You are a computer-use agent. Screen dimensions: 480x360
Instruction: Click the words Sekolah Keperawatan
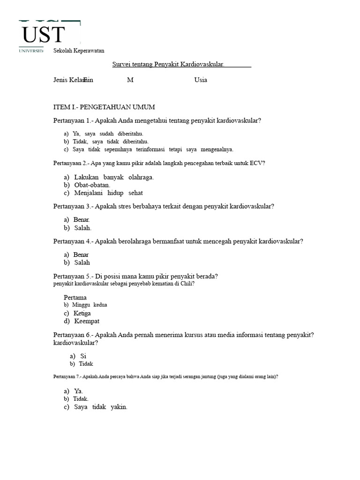pos(79,51)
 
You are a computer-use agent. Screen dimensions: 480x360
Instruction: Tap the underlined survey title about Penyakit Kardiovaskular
pos(168,64)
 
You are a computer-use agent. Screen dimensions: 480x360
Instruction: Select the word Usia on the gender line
pos(201,80)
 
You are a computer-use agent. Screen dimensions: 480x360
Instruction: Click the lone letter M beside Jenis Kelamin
pos(130,80)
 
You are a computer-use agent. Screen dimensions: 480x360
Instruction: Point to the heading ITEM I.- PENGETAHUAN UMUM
pos(104,107)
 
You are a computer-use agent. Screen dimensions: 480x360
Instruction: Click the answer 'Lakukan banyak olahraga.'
pos(114,177)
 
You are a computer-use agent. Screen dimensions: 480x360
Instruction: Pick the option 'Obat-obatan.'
pos(92,185)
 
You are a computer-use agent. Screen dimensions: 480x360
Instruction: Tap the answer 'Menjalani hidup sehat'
pos(108,193)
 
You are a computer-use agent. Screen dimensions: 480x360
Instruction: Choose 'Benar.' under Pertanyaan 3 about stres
pos(82,220)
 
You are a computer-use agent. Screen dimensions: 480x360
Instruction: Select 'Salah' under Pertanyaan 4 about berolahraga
pos(82,262)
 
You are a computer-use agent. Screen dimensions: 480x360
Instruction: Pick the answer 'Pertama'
pos(75,298)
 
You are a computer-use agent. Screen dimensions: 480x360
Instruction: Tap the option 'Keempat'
pos(87,321)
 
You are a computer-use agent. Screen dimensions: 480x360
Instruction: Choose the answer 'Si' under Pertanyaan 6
pos(83,356)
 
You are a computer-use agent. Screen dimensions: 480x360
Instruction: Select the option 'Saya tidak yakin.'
pos(101,407)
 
